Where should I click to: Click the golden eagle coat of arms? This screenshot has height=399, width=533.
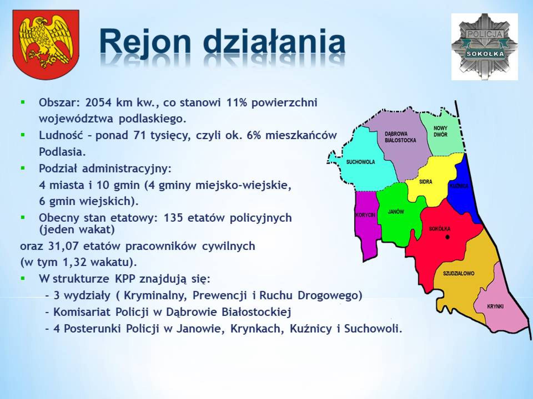pyautogui.click(x=46, y=44)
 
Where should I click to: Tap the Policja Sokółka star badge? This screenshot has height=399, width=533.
pyautogui.click(x=484, y=47)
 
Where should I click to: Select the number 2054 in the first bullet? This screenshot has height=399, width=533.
pyautogui.click(x=98, y=103)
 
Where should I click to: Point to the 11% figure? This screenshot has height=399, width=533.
pyautogui.click(x=237, y=103)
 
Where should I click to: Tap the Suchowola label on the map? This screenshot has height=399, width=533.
pyautogui.click(x=360, y=162)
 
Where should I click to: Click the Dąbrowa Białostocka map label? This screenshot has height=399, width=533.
pyautogui.click(x=400, y=137)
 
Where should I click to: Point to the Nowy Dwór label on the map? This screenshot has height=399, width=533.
pyautogui.click(x=441, y=131)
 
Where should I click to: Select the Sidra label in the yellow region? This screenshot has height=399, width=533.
pyautogui.click(x=426, y=182)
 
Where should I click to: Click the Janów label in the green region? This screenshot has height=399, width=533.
pyautogui.click(x=396, y=212)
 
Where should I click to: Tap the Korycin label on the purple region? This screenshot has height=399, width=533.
pyautogui.click(x=366, y=215)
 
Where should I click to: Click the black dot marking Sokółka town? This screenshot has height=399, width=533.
pyautogui.click(x=447, y=237)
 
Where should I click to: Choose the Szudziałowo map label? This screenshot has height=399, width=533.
pyautogui.click(x=459, y=273)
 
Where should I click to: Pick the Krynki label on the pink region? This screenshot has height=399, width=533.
pyautogui.click(x=495, y=306)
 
